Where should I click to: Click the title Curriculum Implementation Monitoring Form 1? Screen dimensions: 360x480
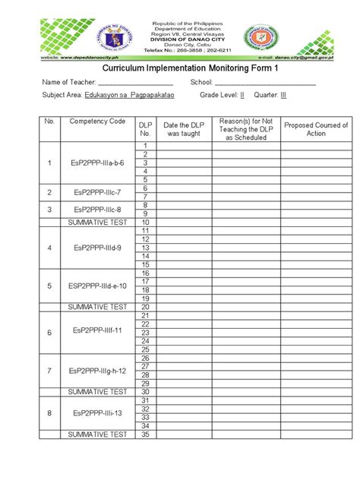click(x=180, y=67)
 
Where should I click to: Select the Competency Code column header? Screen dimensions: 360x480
click(x=96, y=122)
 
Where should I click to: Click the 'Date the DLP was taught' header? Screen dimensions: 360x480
click(x=183, y=129)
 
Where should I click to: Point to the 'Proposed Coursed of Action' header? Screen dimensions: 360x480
click(x=315, y=129)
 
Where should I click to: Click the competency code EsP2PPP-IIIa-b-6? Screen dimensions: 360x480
click(x=96, y=163)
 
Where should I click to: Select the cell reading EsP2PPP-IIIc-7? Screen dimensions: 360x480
click(x=96, y=193)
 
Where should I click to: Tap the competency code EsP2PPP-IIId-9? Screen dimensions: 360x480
click(x=96, y=248)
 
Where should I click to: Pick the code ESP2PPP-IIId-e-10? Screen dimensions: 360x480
click(x=96, y=286)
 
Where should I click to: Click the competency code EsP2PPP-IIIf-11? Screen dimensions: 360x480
click(x=96, y=333)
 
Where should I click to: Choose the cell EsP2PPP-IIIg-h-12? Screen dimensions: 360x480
click(x=96, y=371)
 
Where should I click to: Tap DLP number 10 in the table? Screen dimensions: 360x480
click(x=144, y=223)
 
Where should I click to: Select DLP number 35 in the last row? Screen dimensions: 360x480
click(x=144, y=434)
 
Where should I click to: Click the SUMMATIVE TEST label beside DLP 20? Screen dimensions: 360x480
click(x=96, y=307)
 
